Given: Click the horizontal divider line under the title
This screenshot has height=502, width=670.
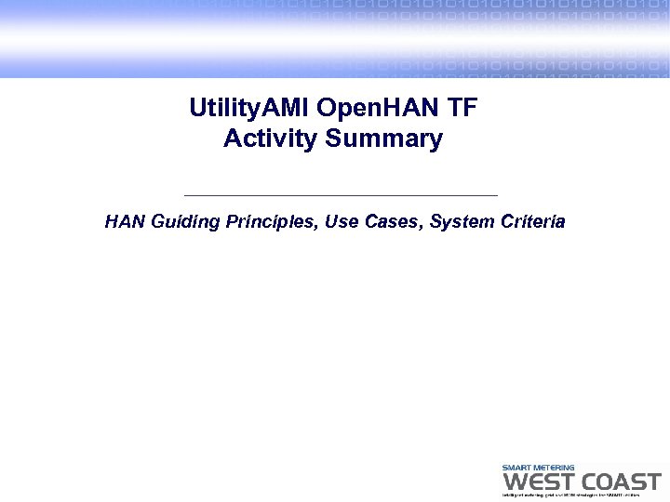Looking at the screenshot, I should (x=342, y=195).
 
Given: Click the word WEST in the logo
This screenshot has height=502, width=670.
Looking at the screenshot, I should (x=537, y=482).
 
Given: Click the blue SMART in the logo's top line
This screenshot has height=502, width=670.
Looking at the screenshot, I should (x=516, y=468).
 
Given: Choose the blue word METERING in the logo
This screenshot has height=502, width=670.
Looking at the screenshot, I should (x=554, y=468).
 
